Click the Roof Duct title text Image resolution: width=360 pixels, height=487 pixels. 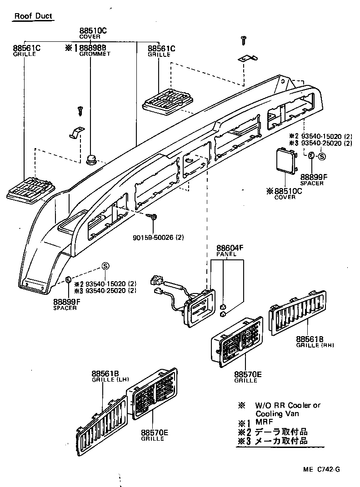(x=33, y=16)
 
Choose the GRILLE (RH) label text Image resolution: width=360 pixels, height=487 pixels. (x=315, y=345)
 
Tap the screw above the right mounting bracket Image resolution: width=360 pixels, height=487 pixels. (x=245, y=40)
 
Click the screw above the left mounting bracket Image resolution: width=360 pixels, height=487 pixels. (x=81, y=109)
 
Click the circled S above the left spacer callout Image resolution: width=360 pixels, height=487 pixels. (x=105, y=266)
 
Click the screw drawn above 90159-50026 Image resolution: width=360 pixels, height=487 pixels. (x=155, y=218)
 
